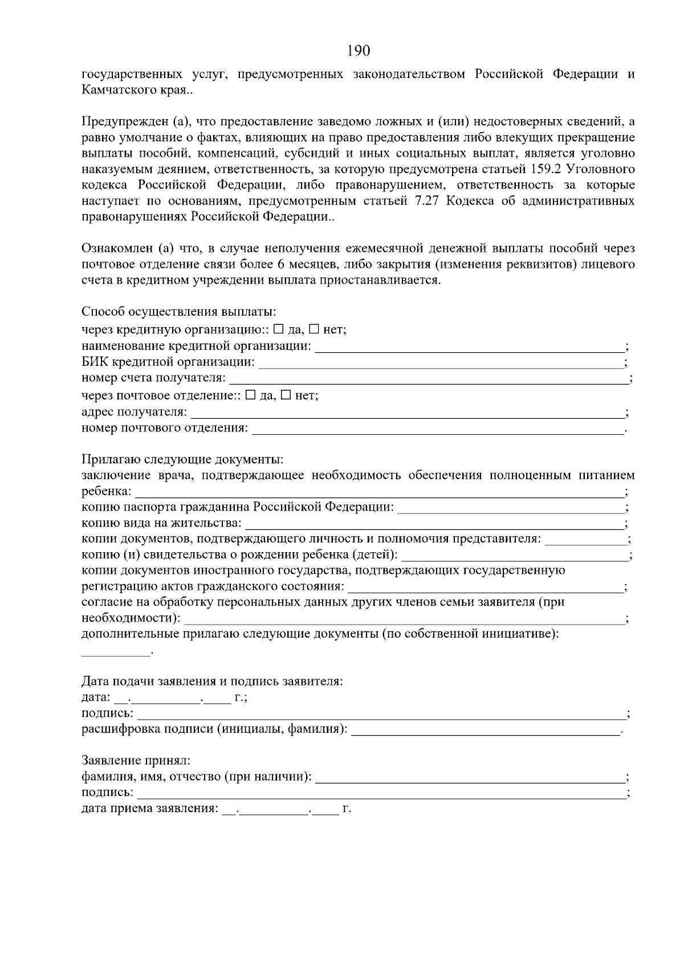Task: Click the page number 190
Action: [x=359, y=51]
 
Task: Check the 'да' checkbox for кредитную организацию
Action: [x=278, y=329]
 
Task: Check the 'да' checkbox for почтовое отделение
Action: [x=250, y=395]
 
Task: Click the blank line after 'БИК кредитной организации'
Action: [x=441, y=364]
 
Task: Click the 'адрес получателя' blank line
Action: [x=407, y=413]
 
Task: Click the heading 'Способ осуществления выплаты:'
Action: [x=178, y=312]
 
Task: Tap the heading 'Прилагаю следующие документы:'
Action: [x=182, y=459]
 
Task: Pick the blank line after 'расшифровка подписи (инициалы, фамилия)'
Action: [x=486, y=731]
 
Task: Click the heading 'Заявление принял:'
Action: [x=136, y=760]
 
